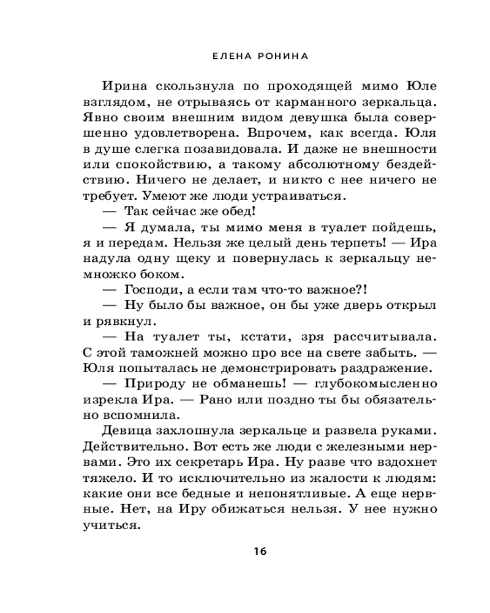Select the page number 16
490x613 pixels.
pos(260,550)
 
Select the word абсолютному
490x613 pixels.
pos(289,164)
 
